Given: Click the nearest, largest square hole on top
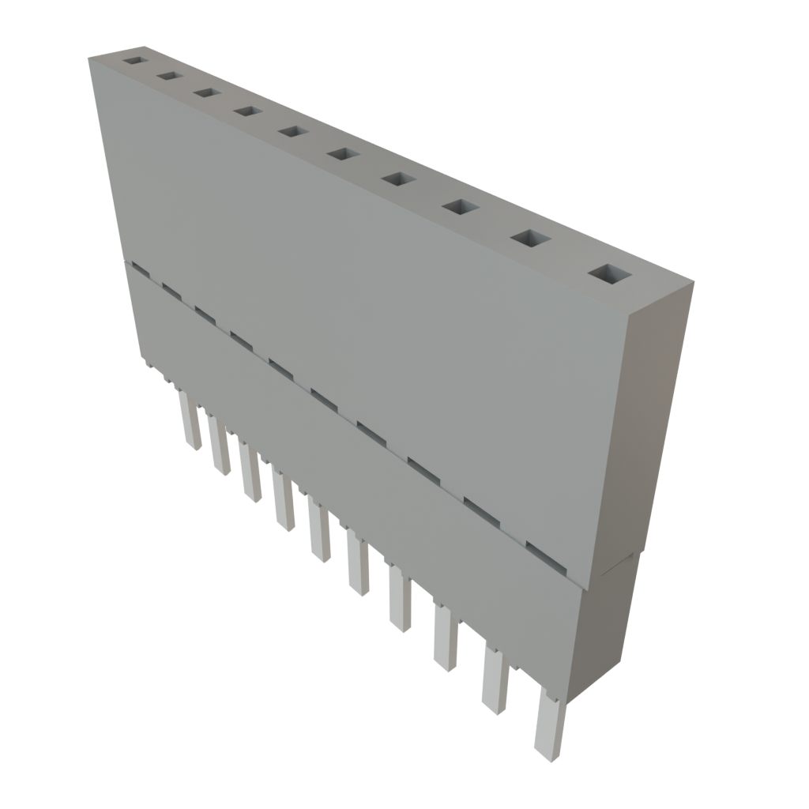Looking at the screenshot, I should (x=611, y=274).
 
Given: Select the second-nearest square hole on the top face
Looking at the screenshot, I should (x=532, y=238).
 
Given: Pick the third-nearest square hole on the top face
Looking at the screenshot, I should (x=461, y=207).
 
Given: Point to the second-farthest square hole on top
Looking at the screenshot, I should (x=167, y=75).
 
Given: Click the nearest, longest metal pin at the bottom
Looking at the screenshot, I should (x=550, y=723).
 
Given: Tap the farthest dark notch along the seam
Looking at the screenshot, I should (x=140, y=269).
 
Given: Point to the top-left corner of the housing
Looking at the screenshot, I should (x=89, y=57).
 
